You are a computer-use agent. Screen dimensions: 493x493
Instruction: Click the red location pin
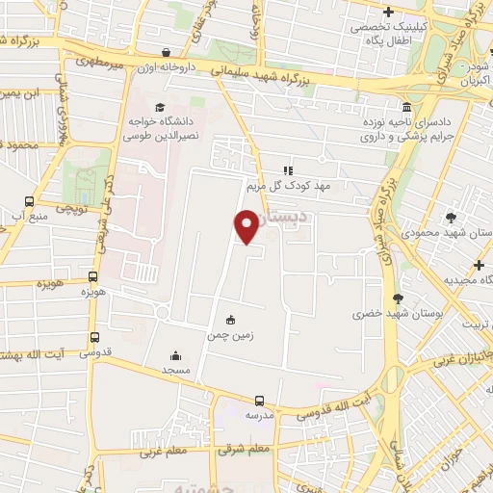(246, 226)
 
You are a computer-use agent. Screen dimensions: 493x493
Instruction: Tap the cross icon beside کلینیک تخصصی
(388, 13)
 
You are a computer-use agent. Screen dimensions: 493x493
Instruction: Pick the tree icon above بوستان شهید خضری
(397, 298)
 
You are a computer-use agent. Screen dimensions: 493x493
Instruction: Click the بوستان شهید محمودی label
(454, 234)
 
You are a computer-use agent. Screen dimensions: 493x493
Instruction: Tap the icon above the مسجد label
(174, 354)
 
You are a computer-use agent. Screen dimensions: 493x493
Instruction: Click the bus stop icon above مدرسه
(258, 401)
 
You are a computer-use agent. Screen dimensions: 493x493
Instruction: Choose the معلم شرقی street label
(242, 449)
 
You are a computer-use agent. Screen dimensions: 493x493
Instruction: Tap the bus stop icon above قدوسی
(94, 337)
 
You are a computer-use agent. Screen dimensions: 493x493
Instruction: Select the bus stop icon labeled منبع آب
(29, 202)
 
